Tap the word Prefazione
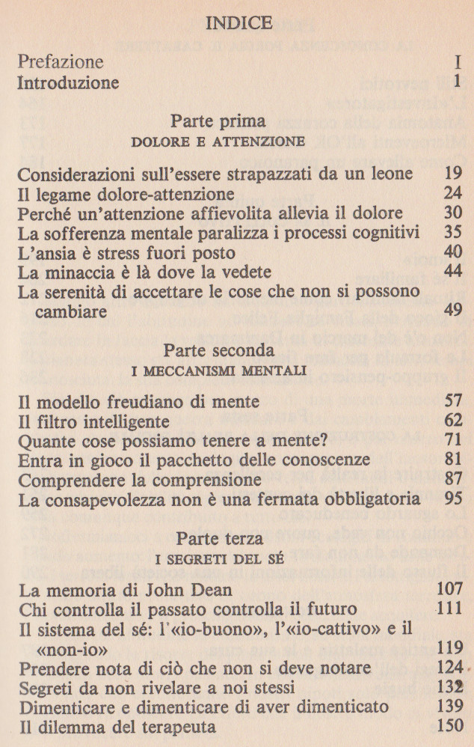[x=61, y=61]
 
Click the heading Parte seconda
[x=228, y=350]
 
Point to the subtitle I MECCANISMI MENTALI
[x=228, y=371]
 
